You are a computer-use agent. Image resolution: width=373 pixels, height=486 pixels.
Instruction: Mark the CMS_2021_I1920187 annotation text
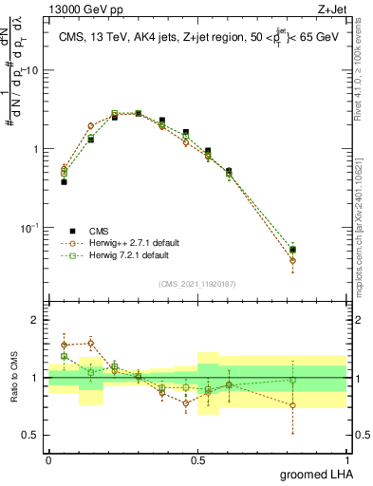196,282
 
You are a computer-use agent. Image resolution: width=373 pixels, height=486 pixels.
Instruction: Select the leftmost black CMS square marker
64,181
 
